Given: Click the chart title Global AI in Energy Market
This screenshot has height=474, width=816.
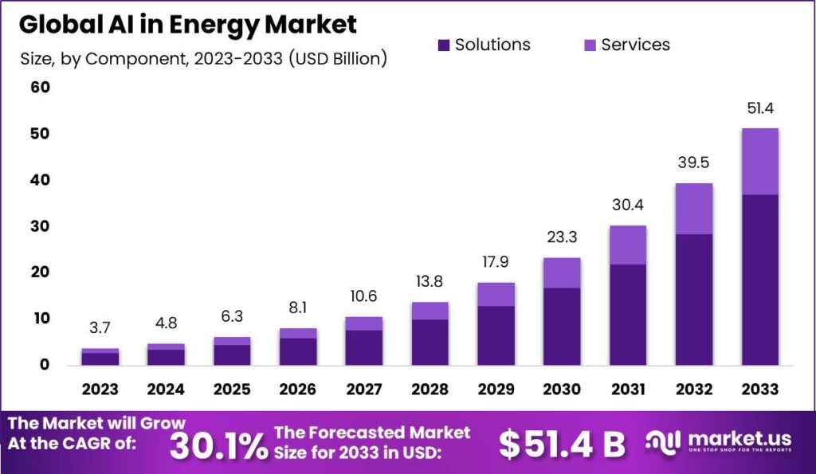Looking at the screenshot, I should tap(188, 25).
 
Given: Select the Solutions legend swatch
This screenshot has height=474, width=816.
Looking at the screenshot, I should tap(444, 45).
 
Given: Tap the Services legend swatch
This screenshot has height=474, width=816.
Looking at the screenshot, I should tap(589, 45).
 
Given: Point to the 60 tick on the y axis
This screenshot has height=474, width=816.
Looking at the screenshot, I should tap(40, 88).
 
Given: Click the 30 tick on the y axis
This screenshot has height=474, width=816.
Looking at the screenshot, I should tap(40, 226).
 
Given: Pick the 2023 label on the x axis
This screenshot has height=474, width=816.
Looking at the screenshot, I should tap(100, 390).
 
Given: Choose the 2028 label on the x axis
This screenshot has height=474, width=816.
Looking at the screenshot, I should tap(430, 390).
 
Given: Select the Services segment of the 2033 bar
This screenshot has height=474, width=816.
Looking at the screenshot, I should tap(759, 161).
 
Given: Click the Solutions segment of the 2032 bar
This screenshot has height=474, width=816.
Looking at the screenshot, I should tap(693, 299).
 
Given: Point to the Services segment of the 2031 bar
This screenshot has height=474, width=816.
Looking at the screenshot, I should tap(628, 245).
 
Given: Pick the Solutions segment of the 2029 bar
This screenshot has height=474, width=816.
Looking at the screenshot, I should tap(496, 335).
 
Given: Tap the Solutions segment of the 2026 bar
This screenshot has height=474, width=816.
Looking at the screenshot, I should tap(298, 351).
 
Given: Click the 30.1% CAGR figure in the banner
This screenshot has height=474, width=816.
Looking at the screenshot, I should tap(219, 445).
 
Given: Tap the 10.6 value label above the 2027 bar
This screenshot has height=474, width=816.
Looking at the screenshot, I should tap(363, 297).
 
